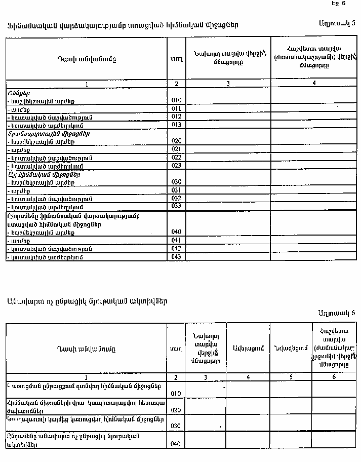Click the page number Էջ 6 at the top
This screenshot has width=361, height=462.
coord(338,4)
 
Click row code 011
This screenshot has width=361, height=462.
coord(176,108)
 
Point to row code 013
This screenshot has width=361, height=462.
coord(176,125)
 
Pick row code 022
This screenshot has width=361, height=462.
coord(176,158)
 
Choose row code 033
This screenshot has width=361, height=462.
coord(176,206)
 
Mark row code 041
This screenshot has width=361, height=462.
coord(176,240)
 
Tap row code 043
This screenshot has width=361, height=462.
coord(176,257)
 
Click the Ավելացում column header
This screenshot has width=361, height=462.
coord(248,349)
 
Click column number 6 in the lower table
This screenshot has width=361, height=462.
coord(334,377)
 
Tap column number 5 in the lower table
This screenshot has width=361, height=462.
coord(290,377)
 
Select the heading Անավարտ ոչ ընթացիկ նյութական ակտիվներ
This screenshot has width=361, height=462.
coord(87,301)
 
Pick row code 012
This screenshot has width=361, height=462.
coord(176,117)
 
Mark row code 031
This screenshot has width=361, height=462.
coord(176,190)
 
